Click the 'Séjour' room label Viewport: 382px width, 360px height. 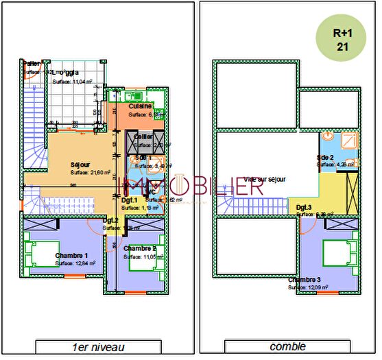pos(80,165)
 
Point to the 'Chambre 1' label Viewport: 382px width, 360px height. pos(71,254)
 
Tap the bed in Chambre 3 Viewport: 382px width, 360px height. pos(346,248)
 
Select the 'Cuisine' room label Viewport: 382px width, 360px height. pos(140,106)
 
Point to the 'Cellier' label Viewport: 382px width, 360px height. pos(143,136)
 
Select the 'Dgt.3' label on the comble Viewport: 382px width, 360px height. pos(305,206)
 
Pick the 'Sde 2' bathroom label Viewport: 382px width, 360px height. pos(325,157)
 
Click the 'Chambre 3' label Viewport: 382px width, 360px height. pos(305,280)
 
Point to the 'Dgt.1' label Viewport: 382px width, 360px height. pos(130,200)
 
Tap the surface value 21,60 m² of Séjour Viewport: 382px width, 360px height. pos(86,173)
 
